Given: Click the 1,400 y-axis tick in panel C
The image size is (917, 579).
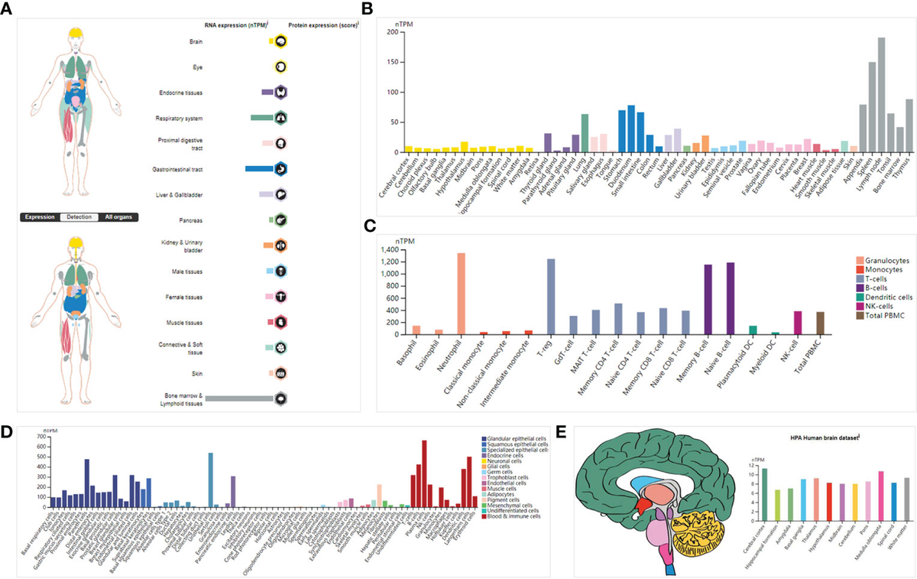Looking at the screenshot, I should (x=391, y=250).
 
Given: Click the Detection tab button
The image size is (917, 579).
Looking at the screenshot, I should (x=79, y=217).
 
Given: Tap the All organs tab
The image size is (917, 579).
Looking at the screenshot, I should (x=118, y=217).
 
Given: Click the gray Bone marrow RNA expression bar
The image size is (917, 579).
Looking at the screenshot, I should (x=239, y=398).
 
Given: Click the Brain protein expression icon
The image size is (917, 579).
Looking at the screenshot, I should (x=281, y=42).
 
